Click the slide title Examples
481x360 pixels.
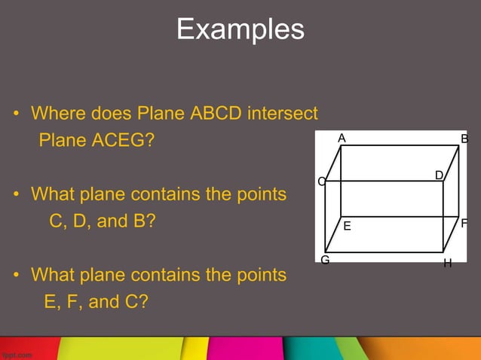[x=240, y=30]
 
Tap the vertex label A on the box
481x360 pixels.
[x=342, y=138]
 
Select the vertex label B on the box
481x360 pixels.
[x=465, y=139]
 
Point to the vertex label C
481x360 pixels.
[x=321, y=182]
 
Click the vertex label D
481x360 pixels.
[x=439, y=175]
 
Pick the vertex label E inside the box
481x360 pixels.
[x=347, y=226]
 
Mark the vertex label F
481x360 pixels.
[x=465, y=224]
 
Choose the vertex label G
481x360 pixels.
[x=325, y=260]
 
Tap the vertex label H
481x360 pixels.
[x=447, y=264]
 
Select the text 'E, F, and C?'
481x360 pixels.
[x=96, y=302]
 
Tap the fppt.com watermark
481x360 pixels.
[x=16, y=352]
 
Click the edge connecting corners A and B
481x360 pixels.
[x=400, y=145]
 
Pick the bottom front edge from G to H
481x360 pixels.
[x=384, y=252]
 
